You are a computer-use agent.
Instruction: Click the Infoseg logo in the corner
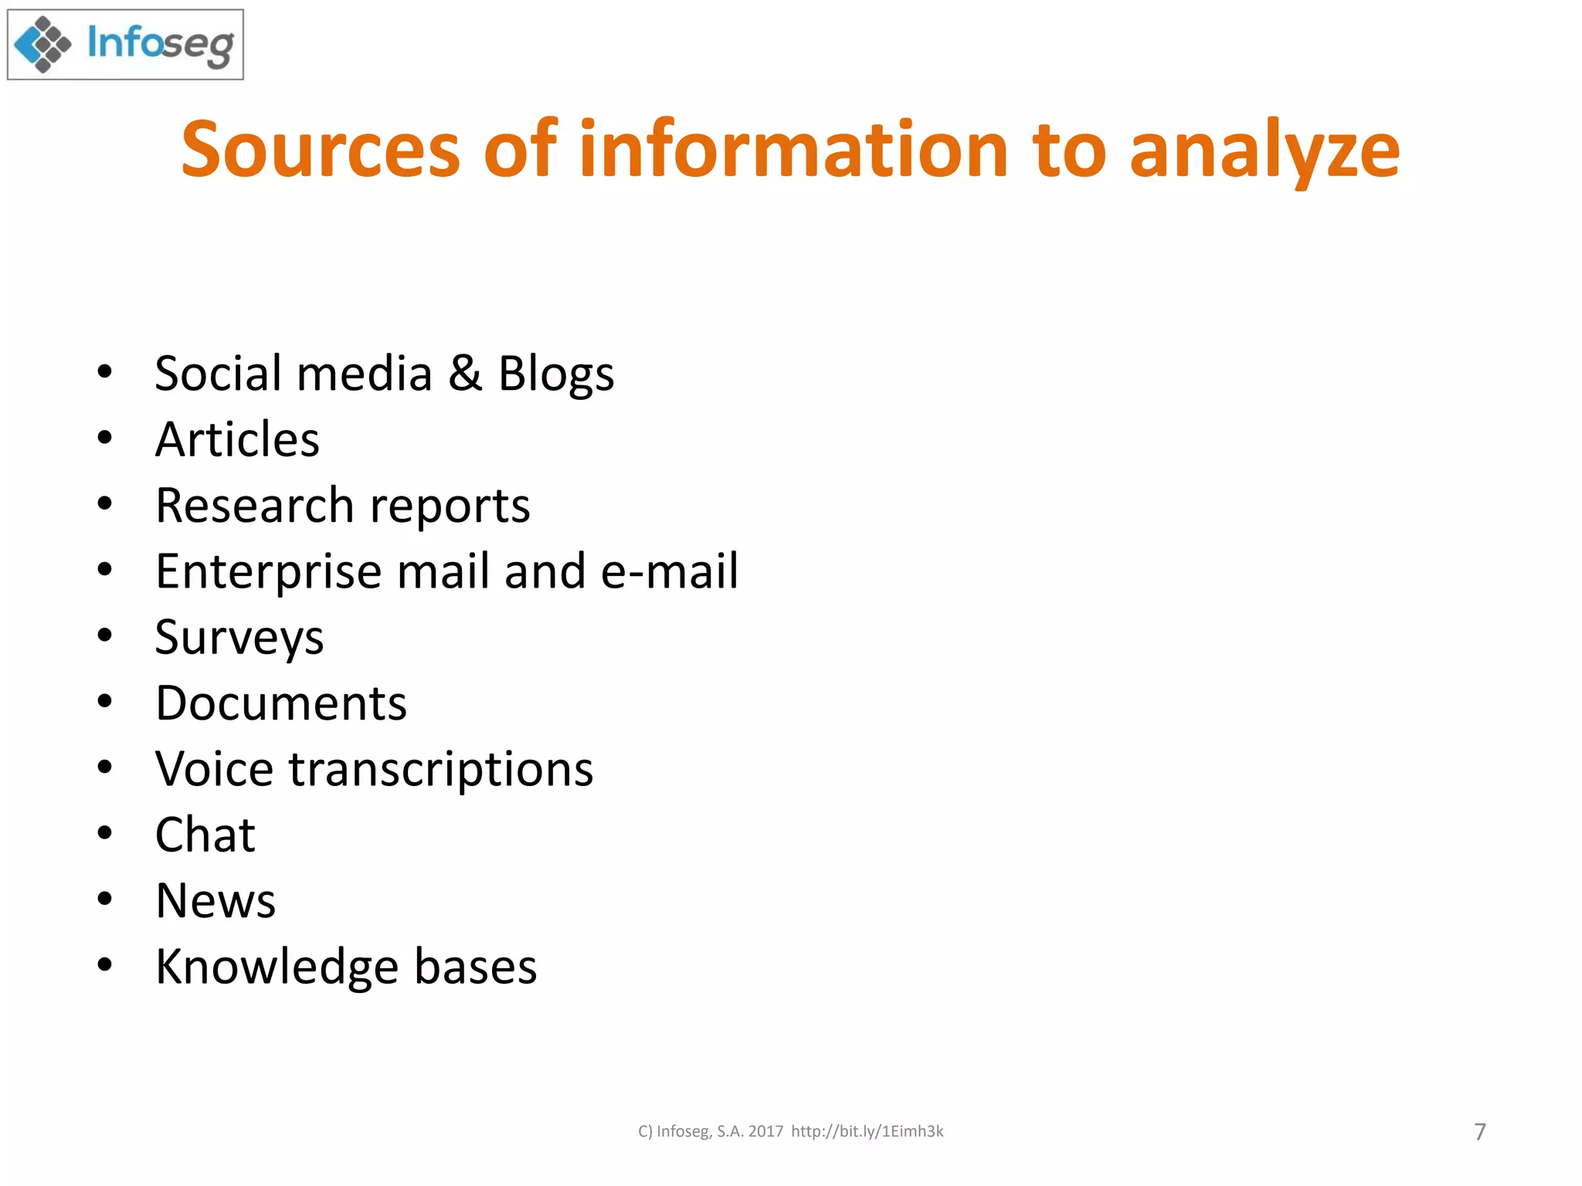tap(125, 45)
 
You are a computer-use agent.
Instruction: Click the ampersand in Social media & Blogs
tap(465, 373)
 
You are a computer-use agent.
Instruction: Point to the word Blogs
tap(556, 374)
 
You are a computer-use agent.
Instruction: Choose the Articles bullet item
tap(237, 439)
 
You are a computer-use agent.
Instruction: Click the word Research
tap(254, 505)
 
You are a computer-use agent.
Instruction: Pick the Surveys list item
tap(239, 639)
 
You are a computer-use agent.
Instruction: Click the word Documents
tap(281, 703)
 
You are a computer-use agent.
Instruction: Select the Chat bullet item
tap(205, 835)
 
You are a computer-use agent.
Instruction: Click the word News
tap(216, 901)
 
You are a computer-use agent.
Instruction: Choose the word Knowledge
tap(277, 967)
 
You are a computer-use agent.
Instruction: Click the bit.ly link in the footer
tap(867, 1131)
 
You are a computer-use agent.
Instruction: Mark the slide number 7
tap(1479, 1132)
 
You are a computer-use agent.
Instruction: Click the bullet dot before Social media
tap(105, 371)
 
